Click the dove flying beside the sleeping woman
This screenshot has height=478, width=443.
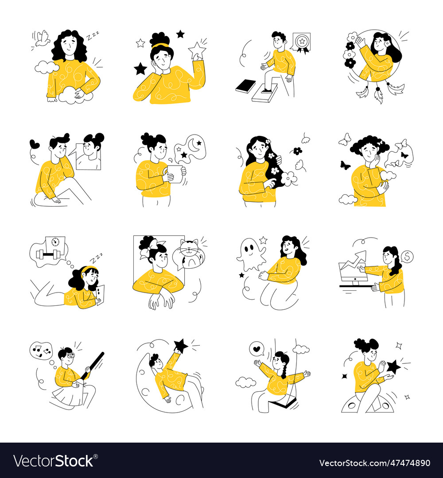[x=42, y=39]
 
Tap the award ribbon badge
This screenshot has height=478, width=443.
[x=301, y=43]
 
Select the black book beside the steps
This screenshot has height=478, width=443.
[x=245, y=86]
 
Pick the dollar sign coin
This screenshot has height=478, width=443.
[x=407, y=257]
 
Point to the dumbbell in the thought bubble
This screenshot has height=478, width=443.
[x=47, y=254]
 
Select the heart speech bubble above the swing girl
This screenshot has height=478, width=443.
[x=257, y=349]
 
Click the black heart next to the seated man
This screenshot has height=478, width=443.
[x=35, y=143]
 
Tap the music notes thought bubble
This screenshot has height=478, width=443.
[x=41, y=351]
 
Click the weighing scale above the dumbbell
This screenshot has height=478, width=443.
[x=55, y=243]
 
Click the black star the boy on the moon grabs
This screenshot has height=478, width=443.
[x=181, y=346]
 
